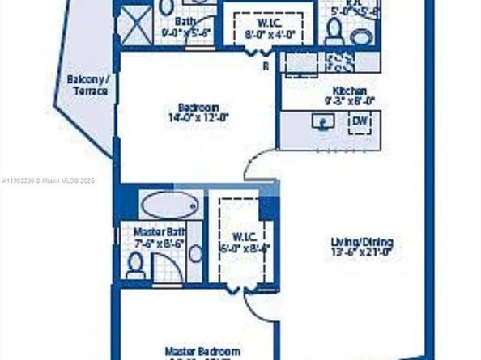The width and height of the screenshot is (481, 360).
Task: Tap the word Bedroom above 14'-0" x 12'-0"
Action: pyautogui.click(x=198, y=108)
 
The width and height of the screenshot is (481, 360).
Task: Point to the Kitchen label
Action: pyautogui.click(x=349, y=91)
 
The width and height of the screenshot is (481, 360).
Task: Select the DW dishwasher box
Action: pyautogui.click(x=360, y=123)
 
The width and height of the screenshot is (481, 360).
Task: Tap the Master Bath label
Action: pyautogui.click(x=154, y=231)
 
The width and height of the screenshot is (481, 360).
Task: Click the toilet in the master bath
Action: pyautogui.click(x=135, y=265)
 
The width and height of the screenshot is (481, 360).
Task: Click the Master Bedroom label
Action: pyautogui.click(x=202, y=351)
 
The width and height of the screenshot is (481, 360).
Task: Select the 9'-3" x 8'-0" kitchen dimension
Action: pyautogui.click(x=348, y=102)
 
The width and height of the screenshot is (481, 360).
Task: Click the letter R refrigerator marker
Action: pyautogui.click(x=266, y=67)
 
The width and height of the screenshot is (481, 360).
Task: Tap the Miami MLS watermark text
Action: pyautogui.click(x=48, y=180)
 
